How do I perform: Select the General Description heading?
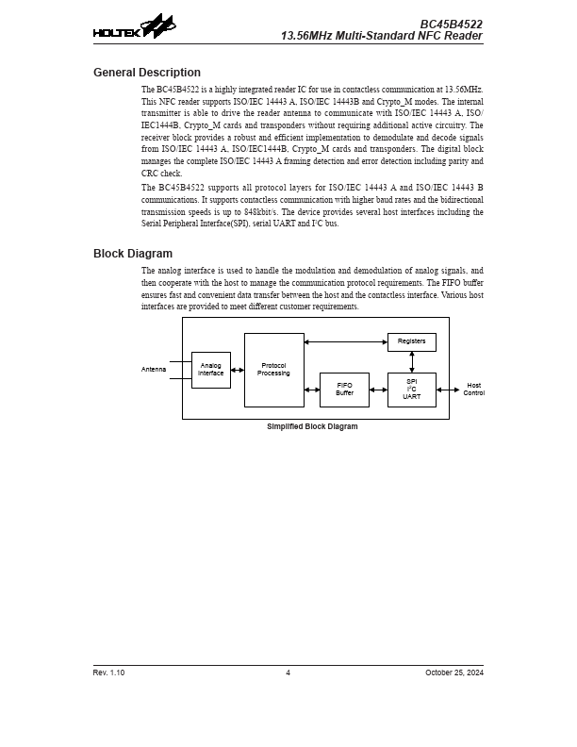[x=146, y=73]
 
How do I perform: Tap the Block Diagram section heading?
[x=132, y=254]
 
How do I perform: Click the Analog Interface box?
[x=210, y=370]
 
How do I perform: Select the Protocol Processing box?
[x=273, y=370]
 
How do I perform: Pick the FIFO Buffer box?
[x=344, y=390]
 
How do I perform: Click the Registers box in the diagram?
[x=411, y=341]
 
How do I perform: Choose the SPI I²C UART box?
[x=411, y=390]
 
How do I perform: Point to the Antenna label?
[x=153, y=370]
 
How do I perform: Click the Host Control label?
[x=473, y=389]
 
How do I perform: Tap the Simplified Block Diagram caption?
[x=313, y=426]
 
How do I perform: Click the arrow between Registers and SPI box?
[x=412, y=361]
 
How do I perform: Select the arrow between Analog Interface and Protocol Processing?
[x=238, y=371]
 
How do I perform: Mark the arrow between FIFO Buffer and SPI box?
[x=378, y=390]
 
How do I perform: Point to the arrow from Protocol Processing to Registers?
[x=346, y=341]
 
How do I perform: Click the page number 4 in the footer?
[x=288, y=672]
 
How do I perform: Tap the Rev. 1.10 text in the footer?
[x=108, y=672]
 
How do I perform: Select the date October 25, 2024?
[x=453, y=672]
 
